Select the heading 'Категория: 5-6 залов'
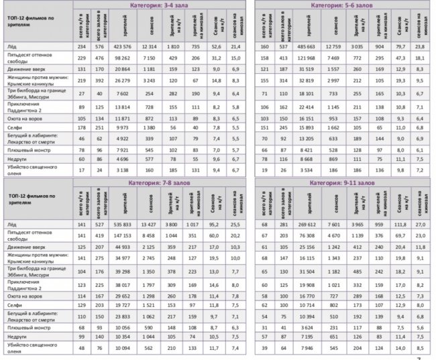(341, 5)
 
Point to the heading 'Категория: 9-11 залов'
(341, 182)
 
